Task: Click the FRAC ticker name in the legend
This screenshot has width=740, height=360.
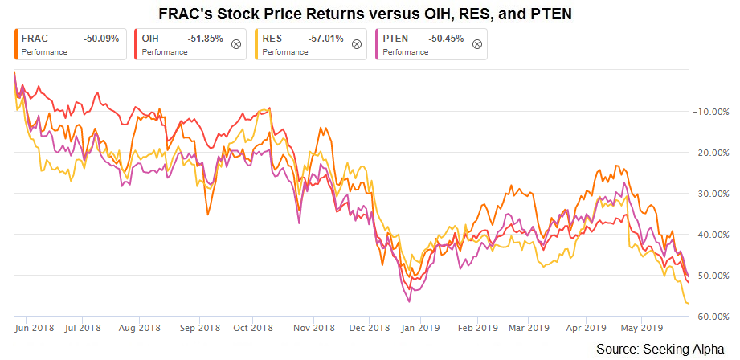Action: (x=35, y=39)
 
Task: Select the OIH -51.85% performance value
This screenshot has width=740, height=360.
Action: (x=205, y=39)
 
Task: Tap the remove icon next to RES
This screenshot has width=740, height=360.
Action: (x=358, y=44)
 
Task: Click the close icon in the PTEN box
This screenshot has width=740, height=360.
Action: (x=477, y=44)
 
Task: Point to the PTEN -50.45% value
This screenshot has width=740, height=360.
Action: (x=446, y=39)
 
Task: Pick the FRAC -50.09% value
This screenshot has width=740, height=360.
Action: (x=101, y=39)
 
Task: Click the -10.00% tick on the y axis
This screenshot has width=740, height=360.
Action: (x=711, y=112)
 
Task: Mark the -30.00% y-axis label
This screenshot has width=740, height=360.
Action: (x=711, y=194)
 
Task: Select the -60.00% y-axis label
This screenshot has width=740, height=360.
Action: (x=711, y=316)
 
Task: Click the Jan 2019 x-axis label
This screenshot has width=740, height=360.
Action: (x=423, y=327)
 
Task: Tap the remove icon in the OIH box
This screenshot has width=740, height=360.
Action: (x=236, y=44)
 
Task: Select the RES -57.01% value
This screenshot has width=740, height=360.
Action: (x=325, y=39)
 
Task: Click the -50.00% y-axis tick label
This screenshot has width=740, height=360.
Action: (x=711, y=275)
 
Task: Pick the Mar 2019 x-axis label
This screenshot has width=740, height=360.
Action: (x=529, y=327)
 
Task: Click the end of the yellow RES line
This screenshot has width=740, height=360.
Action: (x=688, y=303)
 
